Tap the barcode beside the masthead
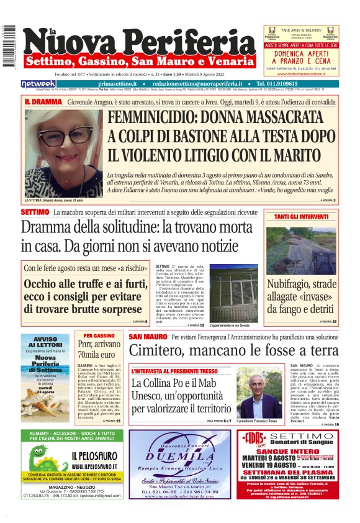pyautogui.click(x=9, y=47)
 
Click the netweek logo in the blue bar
pyautogui.click(x=38, y=84)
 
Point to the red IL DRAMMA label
pyautogui.click(x=43, y=101)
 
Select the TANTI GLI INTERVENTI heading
pyautogui.click(x=302, y=217)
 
